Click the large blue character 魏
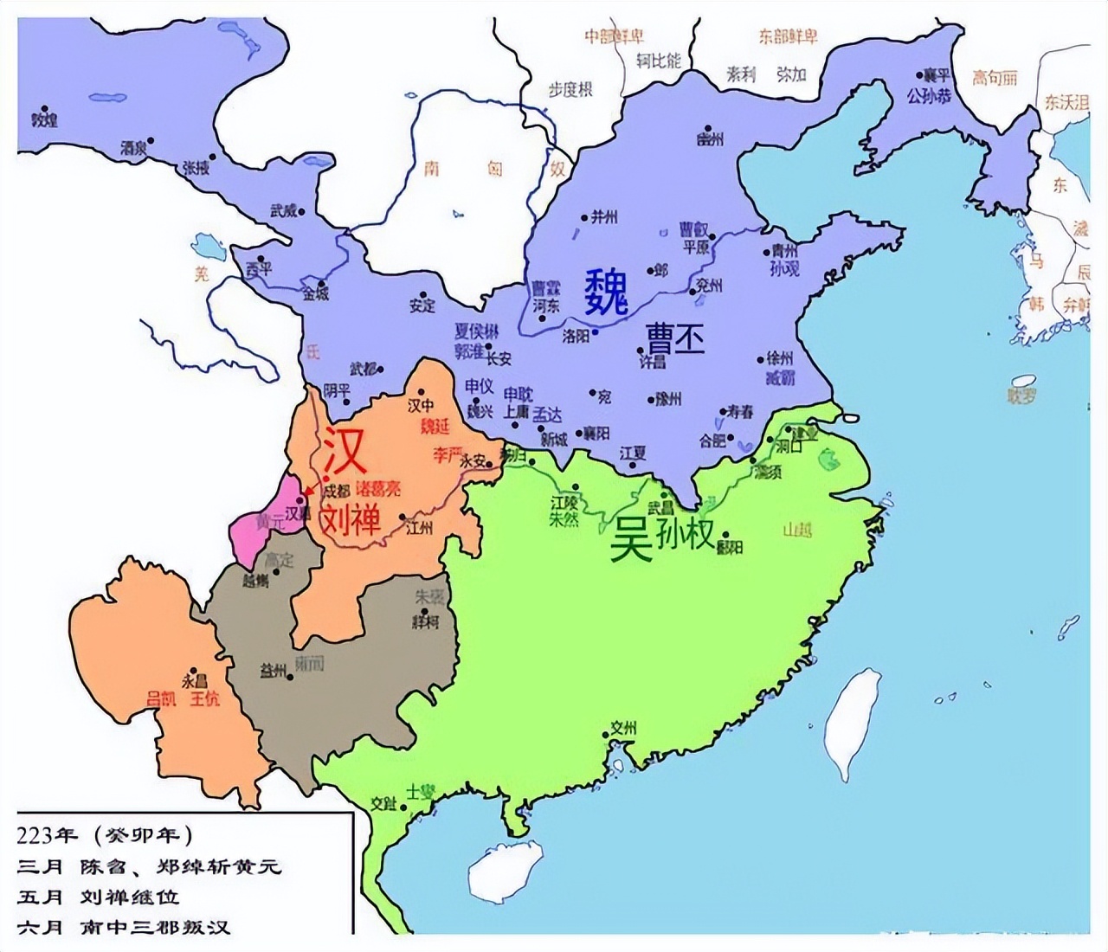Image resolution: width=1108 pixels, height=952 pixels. [x=605, y=292]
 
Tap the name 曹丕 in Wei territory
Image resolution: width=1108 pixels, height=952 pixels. [x=674, y=338]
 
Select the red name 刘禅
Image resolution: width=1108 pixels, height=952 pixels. [x=351, y=518]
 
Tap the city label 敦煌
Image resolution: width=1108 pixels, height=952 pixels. [x=43, y=119]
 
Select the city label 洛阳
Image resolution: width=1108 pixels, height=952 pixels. [x=576, y=336]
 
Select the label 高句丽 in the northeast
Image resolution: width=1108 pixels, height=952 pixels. [x=994, y=78]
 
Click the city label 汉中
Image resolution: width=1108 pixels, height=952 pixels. [x=421, y=404]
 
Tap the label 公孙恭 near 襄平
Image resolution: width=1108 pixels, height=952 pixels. [x=929, y=96]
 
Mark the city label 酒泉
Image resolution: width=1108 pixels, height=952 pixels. [x=133, y=148]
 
